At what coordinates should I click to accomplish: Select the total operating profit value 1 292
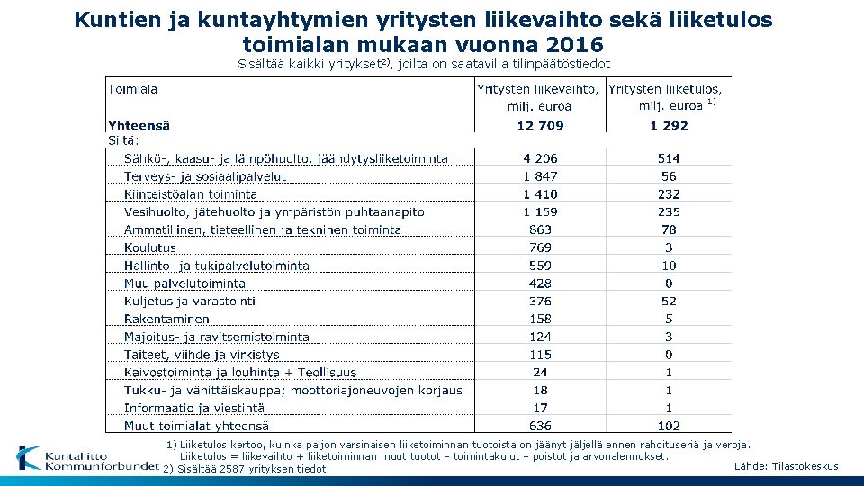(x=668, y=125)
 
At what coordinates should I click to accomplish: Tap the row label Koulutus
(x=150, y=247)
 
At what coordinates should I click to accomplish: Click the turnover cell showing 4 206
(x=540, y=158)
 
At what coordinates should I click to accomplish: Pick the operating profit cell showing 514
(x=669, y=158)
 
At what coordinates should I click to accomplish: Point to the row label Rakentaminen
(x=166, y=319)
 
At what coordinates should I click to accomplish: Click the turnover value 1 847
(x=540, y=176)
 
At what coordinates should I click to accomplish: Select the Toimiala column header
(x=132, y=89)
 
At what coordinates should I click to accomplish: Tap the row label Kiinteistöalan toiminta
(x=191, y=194)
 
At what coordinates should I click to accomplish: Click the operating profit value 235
(x=669, y=212)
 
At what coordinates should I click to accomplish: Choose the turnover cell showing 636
(x=540, y=426)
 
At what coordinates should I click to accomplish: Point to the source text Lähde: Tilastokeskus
(x=786, y=466)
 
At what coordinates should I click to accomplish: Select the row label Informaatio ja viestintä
(x=194, y=408)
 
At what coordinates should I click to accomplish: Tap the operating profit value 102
(x=669, y=426)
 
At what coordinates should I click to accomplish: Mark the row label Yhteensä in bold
(x=139, y=125)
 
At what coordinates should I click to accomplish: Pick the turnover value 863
(x=540, y=229)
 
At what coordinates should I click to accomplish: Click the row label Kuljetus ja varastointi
(x=190, y=301)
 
